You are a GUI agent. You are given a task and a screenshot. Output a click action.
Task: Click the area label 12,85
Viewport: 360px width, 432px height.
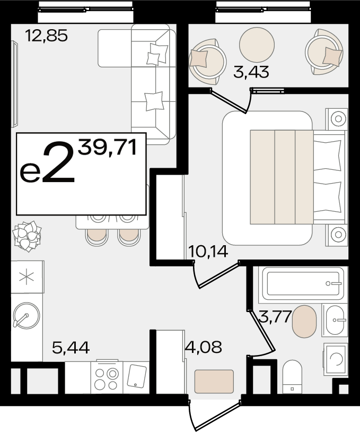click(46, 36)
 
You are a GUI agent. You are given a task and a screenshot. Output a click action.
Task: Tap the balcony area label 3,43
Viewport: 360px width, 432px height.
click(251, 72)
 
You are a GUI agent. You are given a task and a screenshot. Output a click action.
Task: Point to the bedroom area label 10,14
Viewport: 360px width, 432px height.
click(208, 251)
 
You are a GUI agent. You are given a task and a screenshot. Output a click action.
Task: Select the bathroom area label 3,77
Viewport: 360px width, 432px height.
click(275, 316)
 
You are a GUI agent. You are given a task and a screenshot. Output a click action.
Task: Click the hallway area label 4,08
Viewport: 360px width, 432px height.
click(204, 347)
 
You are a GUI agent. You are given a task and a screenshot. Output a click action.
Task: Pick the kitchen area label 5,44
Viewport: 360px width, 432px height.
click(71, 348)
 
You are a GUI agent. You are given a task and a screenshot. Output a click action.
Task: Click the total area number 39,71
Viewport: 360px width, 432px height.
click(107, 147)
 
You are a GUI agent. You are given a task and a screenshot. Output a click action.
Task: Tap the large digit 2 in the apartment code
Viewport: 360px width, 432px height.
click(59, 162)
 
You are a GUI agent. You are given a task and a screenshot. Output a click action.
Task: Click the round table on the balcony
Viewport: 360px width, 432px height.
click(257, 45)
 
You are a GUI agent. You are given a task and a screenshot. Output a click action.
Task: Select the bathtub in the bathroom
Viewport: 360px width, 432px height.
click(303, 283)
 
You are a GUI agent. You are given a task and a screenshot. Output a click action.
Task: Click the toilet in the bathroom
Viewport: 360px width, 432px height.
click(292, 377)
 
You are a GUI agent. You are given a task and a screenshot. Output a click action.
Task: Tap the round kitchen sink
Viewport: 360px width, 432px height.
click(27, 316)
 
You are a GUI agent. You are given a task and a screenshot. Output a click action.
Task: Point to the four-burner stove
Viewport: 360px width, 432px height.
click(107, 378)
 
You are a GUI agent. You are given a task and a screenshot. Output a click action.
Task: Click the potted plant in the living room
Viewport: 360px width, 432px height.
click(27, 236)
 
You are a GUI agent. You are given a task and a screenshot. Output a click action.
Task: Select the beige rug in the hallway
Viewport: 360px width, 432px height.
click(214, 382)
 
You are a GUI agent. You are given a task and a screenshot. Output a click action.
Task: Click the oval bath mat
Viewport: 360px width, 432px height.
click(304, 321)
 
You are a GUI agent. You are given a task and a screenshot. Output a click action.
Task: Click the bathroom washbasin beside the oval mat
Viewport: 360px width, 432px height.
click(335, 320)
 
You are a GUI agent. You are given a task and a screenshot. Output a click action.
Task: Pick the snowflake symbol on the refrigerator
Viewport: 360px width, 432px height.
click(27, 277)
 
